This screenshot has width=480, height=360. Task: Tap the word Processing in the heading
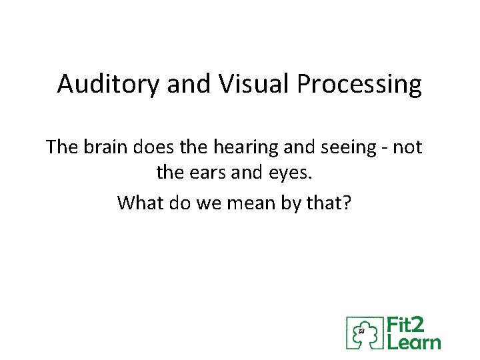tap(359, 85)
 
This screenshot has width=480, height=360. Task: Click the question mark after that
tap(345, 202)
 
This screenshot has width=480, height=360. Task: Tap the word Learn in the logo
tap(413, 341)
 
